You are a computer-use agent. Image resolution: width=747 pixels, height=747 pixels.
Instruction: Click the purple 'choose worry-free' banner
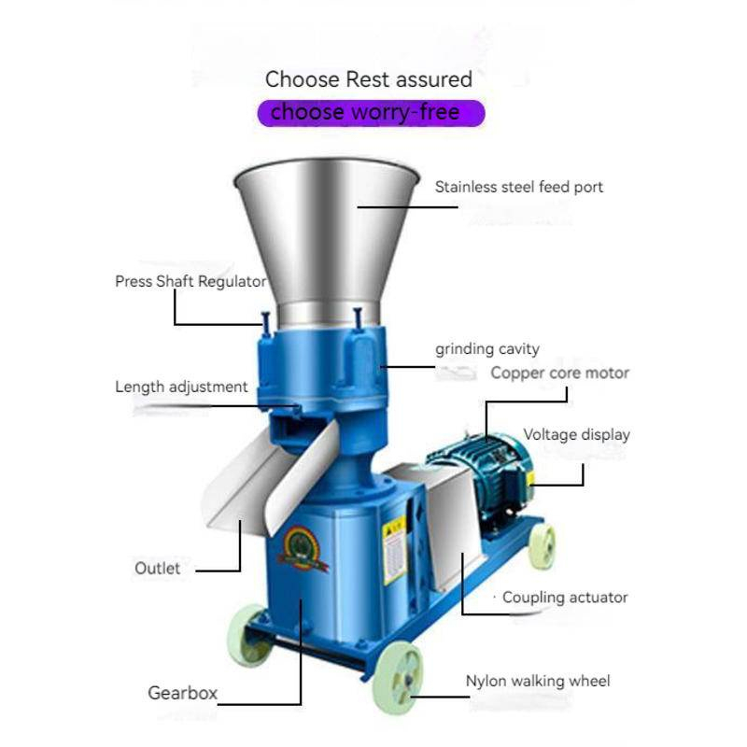pos(371,113)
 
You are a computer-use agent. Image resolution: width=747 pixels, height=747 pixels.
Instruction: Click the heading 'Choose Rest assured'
pos(369,79)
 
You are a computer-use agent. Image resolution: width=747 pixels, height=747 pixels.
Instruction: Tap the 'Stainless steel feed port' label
pos(519,187)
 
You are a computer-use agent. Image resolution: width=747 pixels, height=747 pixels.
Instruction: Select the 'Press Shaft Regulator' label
pos(190,281)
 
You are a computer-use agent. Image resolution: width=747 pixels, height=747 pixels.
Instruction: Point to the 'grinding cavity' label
pos(486,349)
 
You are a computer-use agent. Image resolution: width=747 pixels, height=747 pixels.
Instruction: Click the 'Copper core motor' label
pos(559,373)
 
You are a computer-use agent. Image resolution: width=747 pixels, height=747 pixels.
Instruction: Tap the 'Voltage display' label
pos(576,434)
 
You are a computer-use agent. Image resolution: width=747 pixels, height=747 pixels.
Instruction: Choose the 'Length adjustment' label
pos(181,387)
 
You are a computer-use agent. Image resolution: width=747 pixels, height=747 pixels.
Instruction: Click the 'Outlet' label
pos(157,568)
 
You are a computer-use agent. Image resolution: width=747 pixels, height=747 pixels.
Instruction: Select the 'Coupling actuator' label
pos(565,598)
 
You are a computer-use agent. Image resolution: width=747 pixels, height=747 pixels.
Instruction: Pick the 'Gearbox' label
pos(182,693)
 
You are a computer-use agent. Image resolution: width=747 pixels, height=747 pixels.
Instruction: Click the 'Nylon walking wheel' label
pos(538,681)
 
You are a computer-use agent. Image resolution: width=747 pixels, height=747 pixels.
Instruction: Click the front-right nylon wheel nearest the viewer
pos(398,678)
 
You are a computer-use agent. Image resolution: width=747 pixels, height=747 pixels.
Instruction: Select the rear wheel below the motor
pos(543,546)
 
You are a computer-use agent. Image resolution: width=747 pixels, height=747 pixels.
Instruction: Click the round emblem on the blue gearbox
pos(302,548)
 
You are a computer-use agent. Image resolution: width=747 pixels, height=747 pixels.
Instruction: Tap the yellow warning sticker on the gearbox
pos(394,550)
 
